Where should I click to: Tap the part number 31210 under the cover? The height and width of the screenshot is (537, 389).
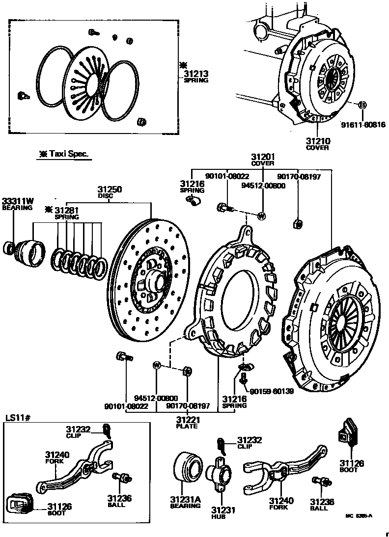(317, 141)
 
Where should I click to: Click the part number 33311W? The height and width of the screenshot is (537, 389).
(17, 201)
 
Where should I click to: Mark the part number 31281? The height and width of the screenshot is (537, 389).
(67, 210)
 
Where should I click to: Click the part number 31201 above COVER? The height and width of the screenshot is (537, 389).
(263, 157)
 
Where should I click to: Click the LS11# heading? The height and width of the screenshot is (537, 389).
(18, 418)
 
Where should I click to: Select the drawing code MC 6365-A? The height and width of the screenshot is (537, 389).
(359, 516)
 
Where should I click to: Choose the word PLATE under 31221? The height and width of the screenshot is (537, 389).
(187, 426)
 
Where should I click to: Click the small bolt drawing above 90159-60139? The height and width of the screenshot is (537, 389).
(244, 379)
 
